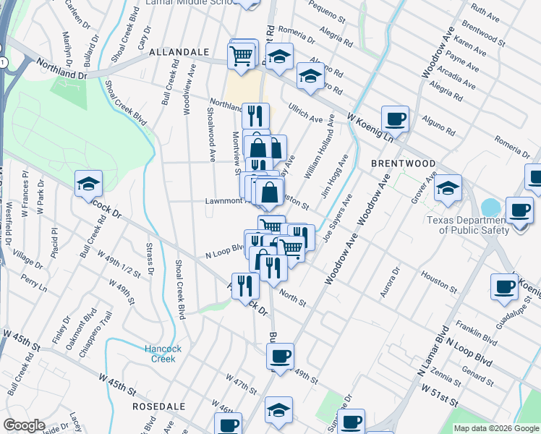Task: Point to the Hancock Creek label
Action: tap(160, 354)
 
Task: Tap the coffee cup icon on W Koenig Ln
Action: tap(395, 118)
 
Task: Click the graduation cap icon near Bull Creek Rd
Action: tap(88, 184)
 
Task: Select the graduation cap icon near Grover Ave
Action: tap(448, 187)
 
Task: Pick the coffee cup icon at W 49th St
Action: tap(281, 355)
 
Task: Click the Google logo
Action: tap(25, 426)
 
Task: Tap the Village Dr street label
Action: tap(27, 258)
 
